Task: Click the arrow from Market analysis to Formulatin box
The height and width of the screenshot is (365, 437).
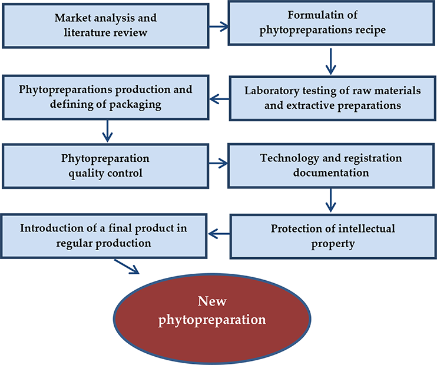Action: [218, 26]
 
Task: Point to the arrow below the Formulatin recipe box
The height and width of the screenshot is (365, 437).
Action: [330, 59]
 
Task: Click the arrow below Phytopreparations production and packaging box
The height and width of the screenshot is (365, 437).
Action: [107, 130]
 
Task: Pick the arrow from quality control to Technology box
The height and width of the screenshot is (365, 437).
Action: [218, 164]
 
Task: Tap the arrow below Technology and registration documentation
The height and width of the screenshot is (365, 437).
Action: [330, 200]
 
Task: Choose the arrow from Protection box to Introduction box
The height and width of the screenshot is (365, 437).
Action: [218, 234]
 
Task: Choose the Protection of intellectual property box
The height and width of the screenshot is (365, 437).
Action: [332, 235]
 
